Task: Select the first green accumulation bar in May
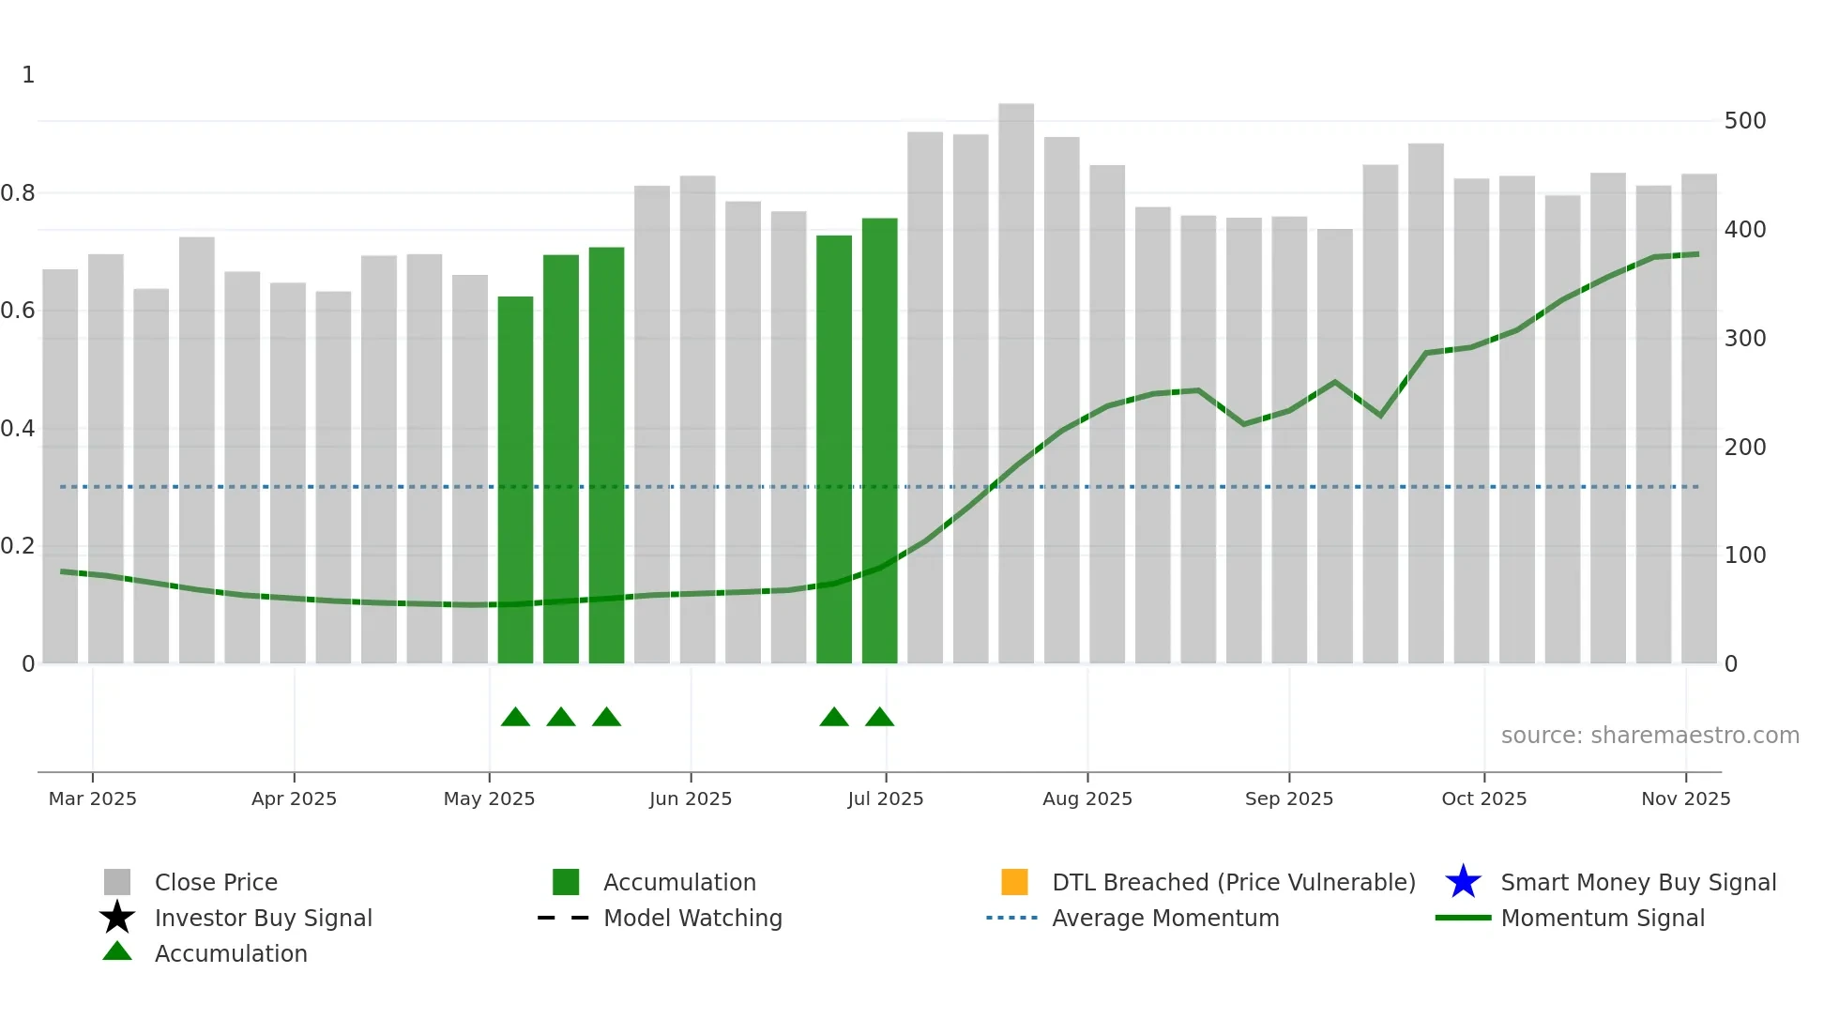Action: click(515, 479)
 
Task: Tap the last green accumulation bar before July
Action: click(879, 440)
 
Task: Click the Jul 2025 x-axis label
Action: click(886, 798)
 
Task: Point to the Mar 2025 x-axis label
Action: click(93, 798)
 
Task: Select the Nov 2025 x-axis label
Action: click(1685, 798)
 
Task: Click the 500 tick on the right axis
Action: click(1745, 121)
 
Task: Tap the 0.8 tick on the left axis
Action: click(18, 193)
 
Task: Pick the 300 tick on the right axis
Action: click(1745, 339)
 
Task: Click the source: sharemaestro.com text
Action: click(1649, 736)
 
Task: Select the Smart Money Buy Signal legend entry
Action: click(1638, 883)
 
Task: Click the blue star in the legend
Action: click(1463, 882)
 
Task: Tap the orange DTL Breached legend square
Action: click(1014, 882)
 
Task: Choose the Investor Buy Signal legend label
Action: click(264, 919)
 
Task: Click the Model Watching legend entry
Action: click(692, 919)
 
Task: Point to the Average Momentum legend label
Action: click(1165, 919)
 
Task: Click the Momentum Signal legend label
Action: click(1603, 919)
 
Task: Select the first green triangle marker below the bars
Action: click(515, 718)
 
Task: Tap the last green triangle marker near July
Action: click(879, 718)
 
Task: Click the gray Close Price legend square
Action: click(117, 882)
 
